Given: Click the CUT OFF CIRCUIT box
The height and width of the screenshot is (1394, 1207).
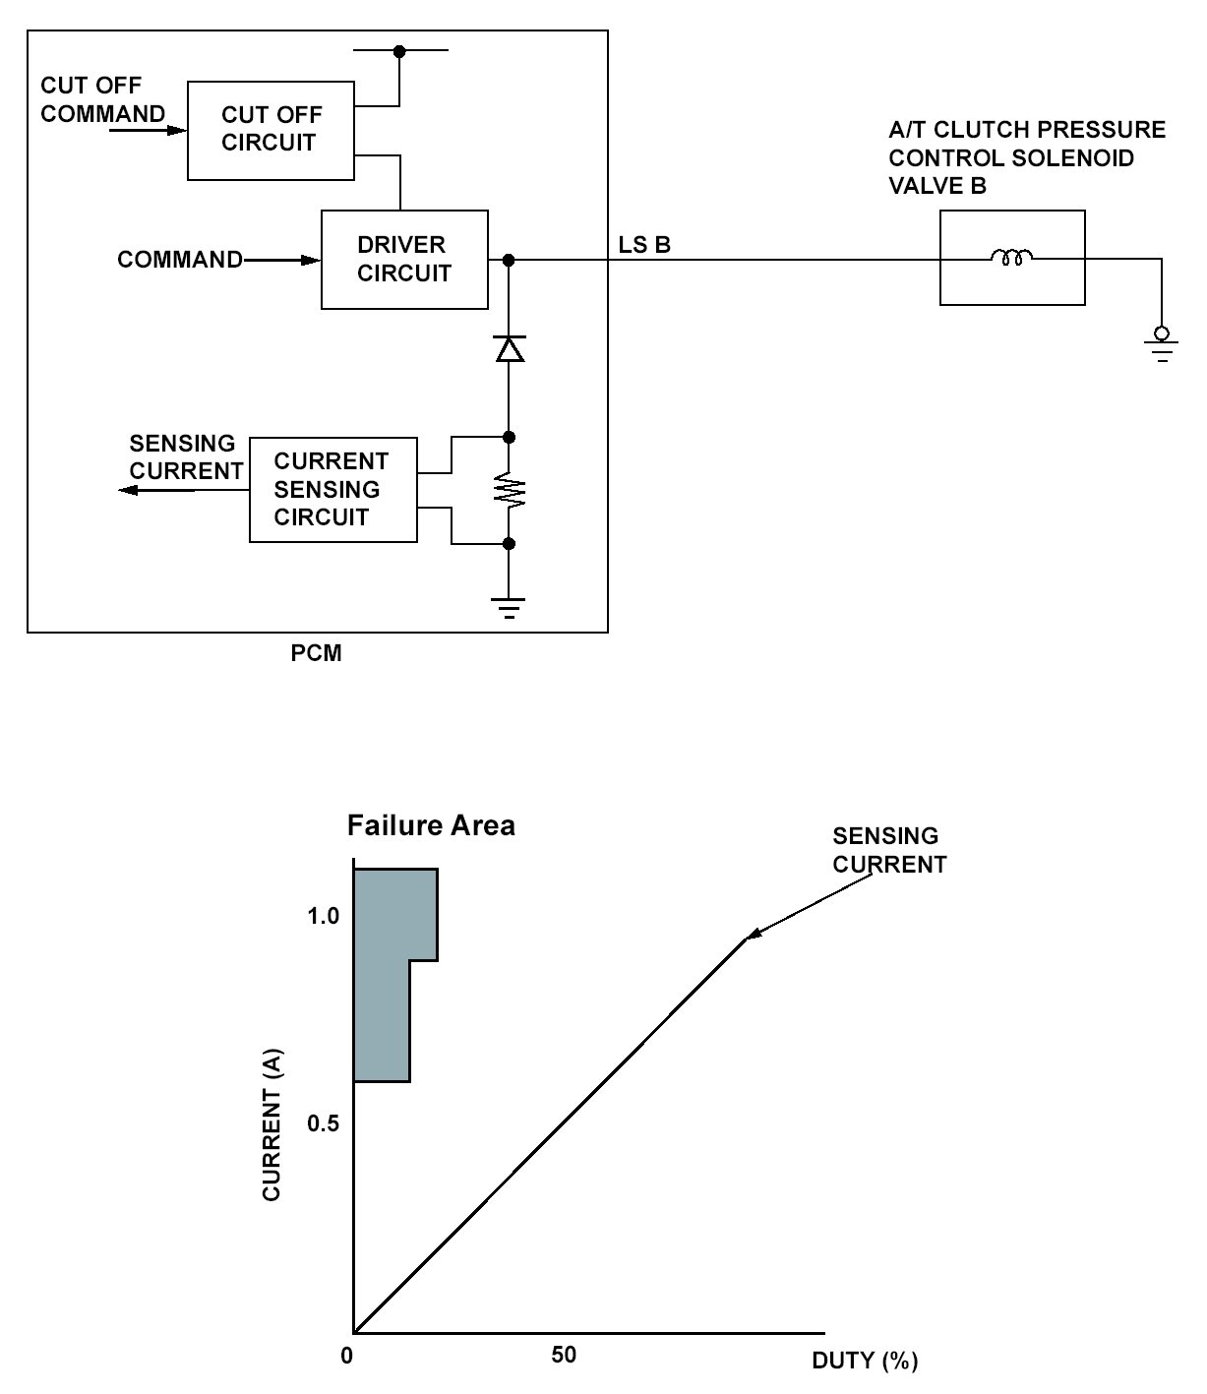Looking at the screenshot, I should pos(271,129).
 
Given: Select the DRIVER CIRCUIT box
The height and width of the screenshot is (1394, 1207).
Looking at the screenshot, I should pos(404,260).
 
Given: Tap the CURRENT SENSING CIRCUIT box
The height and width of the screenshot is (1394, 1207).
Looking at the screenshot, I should pos(332,489).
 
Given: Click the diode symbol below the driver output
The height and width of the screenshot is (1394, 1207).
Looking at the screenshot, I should pos(509,349).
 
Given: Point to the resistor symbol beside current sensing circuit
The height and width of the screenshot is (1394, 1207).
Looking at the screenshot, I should pos(509,490).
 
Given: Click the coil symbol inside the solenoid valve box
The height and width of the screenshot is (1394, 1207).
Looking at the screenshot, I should pos(1011,259).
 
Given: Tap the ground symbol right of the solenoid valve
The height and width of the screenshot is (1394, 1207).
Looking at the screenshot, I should pos(1162,346).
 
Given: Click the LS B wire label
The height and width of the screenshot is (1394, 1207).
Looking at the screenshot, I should pos(644,245).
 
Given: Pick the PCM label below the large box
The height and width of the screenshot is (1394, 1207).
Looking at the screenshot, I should pos(317,653).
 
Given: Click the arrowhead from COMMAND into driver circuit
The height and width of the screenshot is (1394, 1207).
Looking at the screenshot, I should pos(312,260).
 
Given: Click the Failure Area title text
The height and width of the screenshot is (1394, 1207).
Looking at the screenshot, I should pos(431,824).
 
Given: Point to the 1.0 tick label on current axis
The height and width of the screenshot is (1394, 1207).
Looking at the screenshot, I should pos(323,916).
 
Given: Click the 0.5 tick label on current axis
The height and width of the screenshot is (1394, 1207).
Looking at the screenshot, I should pos(323,1122).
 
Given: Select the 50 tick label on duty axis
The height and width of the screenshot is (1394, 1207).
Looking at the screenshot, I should pos(564,1356).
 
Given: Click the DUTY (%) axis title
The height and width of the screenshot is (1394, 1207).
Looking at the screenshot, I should pos(864,1362).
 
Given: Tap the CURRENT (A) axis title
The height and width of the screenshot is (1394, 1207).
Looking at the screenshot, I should pos(272,1124).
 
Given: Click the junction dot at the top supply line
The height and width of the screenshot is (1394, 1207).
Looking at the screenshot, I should pos(399,51).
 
